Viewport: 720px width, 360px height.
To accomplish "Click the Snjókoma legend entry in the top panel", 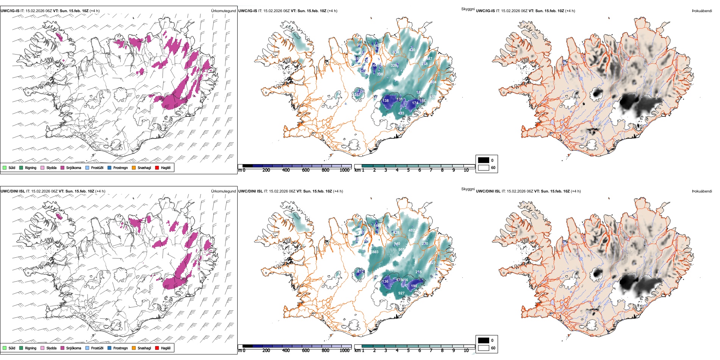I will click(x=74, y=168).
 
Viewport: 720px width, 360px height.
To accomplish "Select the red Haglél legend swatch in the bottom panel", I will click(x=157, y=348).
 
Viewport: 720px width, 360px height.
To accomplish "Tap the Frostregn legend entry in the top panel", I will click(x=120, y=168).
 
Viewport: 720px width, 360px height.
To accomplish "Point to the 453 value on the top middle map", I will click(x=401, y=113).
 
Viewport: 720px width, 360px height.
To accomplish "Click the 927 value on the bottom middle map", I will click(x=401, y=293).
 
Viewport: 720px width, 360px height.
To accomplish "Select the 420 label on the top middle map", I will click(x=412, y=50).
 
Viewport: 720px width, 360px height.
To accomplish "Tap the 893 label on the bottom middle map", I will click(x=375, y=252).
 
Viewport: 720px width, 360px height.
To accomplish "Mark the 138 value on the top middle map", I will click(x=385, y=101).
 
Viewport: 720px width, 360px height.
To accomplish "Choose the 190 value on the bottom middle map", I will click(x=414, y=286).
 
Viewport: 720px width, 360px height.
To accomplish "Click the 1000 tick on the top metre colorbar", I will click(x=344, y=170).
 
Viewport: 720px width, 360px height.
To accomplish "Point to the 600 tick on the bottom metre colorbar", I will click(x=306, y=351).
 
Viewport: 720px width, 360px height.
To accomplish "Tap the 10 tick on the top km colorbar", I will click(x=466, y=170).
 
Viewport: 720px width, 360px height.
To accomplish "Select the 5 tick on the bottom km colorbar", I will click(x=409, y=351).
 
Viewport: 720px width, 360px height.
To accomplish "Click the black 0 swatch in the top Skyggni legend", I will click(x=484, y=160).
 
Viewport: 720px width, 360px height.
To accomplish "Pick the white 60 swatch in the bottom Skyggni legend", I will click(x=484, y=347).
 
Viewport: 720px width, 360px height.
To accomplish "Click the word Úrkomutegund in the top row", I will click(x=223, y=11).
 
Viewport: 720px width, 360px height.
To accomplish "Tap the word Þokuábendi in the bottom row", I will click(x=702, y=191).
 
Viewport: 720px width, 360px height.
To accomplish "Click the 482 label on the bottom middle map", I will click(x=412, y=230).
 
